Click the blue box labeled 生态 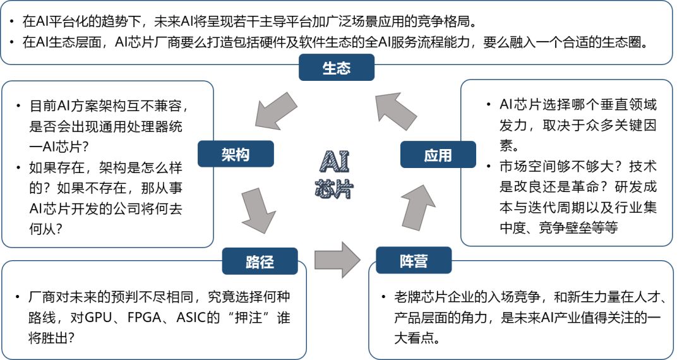pos(336,68)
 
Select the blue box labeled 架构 pos(236,154)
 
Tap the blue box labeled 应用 pos(438,155)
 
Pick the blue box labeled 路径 pos(260,261)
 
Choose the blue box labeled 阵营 pos(414,260)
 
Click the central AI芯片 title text pos(335,174)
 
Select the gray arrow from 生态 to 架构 pos(275,111)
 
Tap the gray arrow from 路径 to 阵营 pos(337,260)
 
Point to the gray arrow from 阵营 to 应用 pos(418,207)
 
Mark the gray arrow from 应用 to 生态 pos(395,111)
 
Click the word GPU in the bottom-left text pos(99,318)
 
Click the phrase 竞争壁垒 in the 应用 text pos(564,227)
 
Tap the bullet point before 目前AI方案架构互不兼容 pos(18,106)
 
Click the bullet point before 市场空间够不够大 pos(489,167)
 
